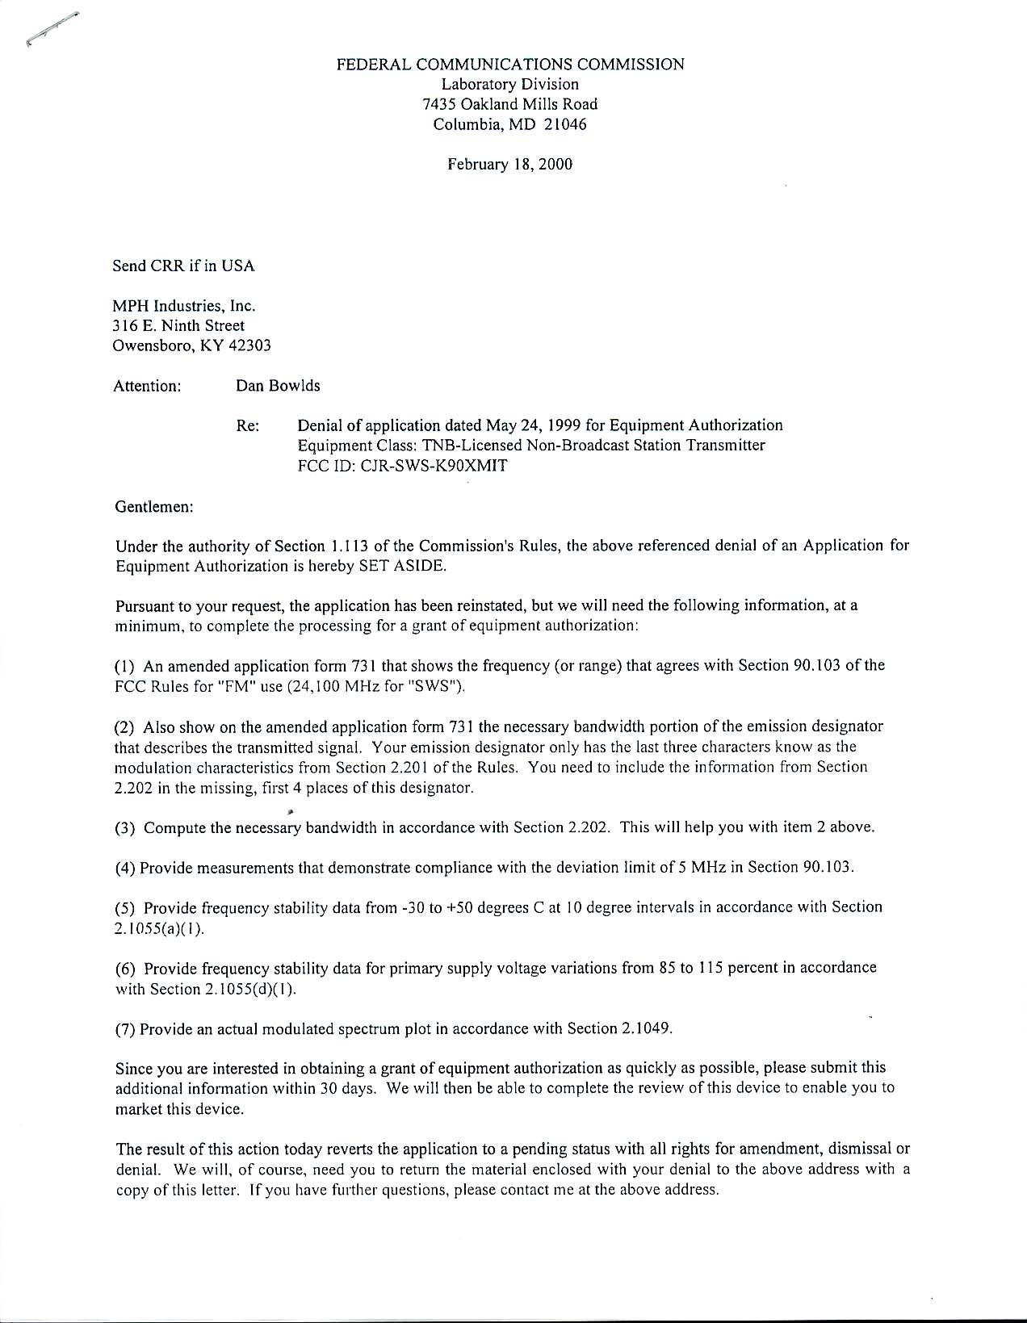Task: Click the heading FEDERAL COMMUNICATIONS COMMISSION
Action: pyautogui.click(x=510, y=65)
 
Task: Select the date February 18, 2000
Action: pyautogui.click(x=510, y=165)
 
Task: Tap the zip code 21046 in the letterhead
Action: pyautogui.click(x=565, y=125)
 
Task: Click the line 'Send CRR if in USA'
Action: pyautogui.click(x=183, y=266)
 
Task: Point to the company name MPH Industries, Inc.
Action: pyautogui.click(x=185, y=306)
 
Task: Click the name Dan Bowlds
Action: pyautogui.click(x=278, y=386)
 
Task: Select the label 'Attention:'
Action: pyautogui.click(x=147, y=386)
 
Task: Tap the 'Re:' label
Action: pyautogui.click(x=247, y=425)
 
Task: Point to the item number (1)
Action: pyautogui.click(x=125, y=666)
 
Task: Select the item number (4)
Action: pyautogui.click(x=125, y=868)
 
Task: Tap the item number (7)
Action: pyautogui.click(x=125, y=1029)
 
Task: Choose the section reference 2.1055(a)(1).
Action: pyautogui.click(x=160, y=928)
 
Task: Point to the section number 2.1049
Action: pyautogui.click(x=643, y=1029)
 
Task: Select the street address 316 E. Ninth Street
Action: pyautogui.click(x=178, y=326)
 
